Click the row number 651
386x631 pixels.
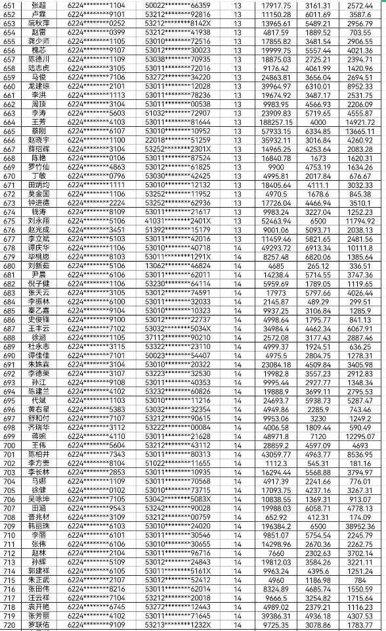tap(10, 5)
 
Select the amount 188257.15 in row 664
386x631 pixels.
tap(276, 122)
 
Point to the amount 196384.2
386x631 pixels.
tap(276, 526)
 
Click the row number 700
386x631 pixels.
tap(10, 446)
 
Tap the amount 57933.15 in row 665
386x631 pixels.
tap(276, 131)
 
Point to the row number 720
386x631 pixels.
tap(10, 625)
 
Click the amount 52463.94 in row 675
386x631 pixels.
tap(276, 221)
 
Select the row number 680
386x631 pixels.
tap(10, 266)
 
